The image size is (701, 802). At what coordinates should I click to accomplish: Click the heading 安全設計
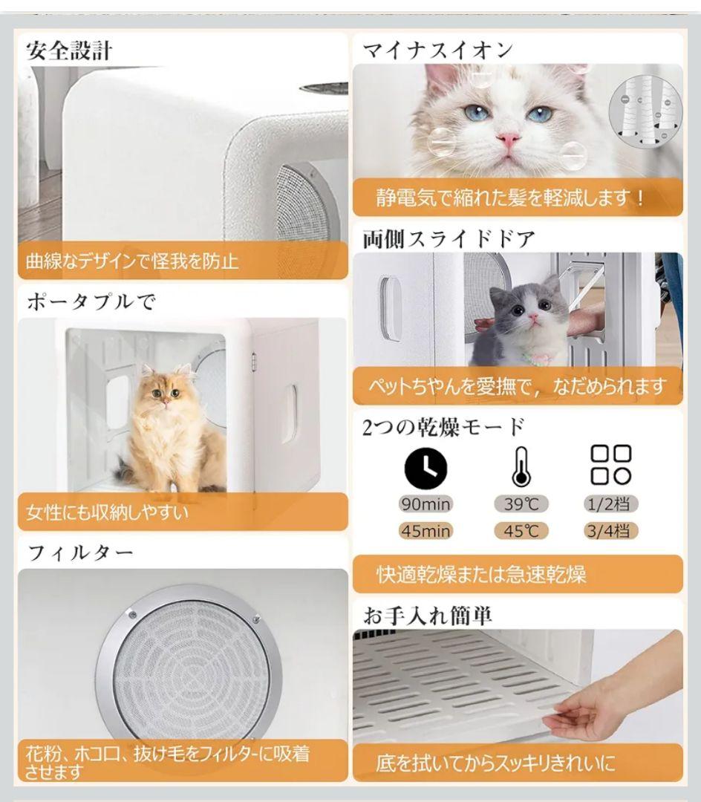tap(69, 50)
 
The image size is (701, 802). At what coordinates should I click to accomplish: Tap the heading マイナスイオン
tap(437, 50)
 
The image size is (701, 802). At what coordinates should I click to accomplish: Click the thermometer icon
tap(520, 466)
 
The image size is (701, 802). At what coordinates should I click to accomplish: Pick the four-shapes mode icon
tap(610, 465)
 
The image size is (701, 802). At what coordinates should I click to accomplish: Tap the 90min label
tap(426, 504)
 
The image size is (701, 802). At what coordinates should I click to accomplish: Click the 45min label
tap(426, 531)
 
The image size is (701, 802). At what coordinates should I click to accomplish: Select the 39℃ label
tap(521, 504)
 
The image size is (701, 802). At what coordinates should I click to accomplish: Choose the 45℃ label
tap(521, 531)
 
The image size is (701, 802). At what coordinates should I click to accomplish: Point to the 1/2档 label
tap(610, 504)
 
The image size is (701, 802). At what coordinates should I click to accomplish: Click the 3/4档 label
tap(610, 531)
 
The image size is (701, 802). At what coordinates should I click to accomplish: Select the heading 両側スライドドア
tap(449, 239)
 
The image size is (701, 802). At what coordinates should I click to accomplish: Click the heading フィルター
tap(80, 552)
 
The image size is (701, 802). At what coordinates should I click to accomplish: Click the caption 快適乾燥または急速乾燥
tap(481, 575)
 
